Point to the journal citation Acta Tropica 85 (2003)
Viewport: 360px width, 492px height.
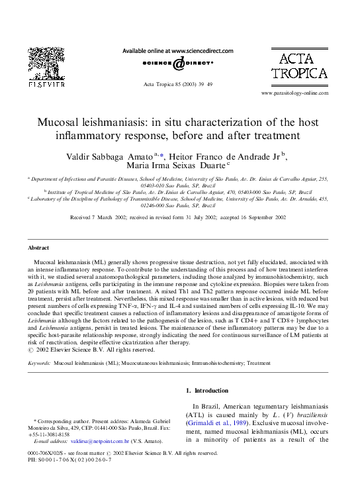[178, 85]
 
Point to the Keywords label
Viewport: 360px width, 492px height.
[39, 364]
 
